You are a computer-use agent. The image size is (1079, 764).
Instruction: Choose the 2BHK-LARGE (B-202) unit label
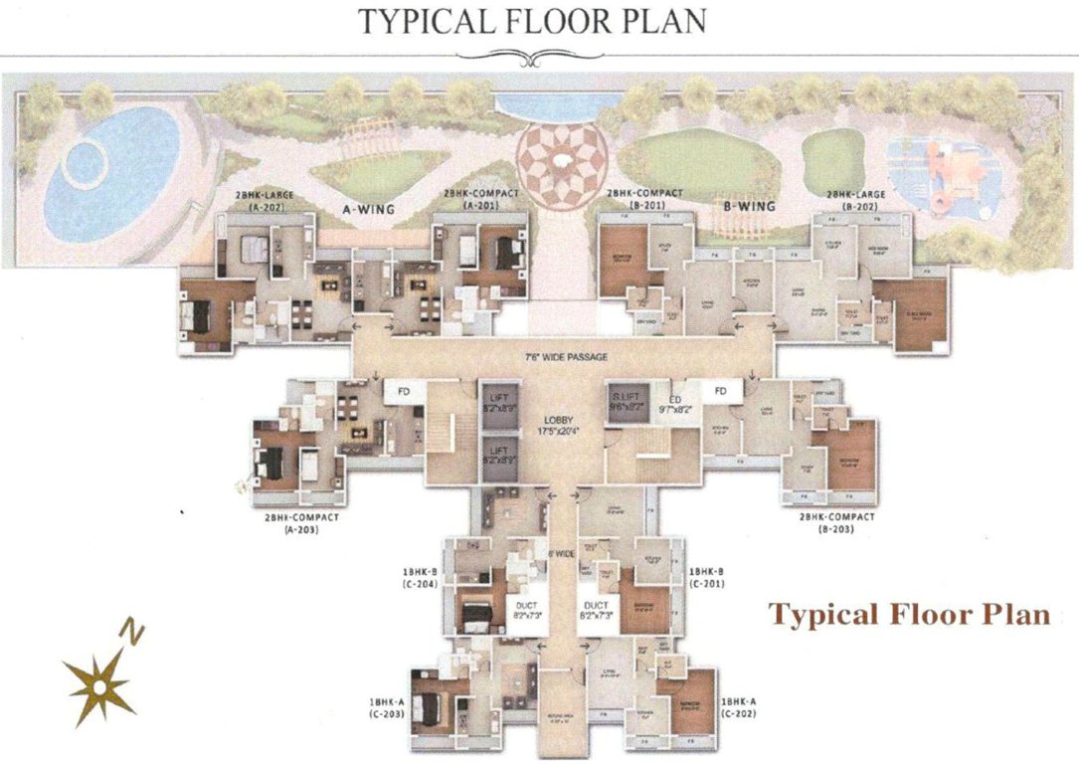coord(861,202)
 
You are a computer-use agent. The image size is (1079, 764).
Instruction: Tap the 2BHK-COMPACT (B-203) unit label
coord(836,523)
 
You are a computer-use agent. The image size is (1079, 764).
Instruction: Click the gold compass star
coord(99,685)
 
